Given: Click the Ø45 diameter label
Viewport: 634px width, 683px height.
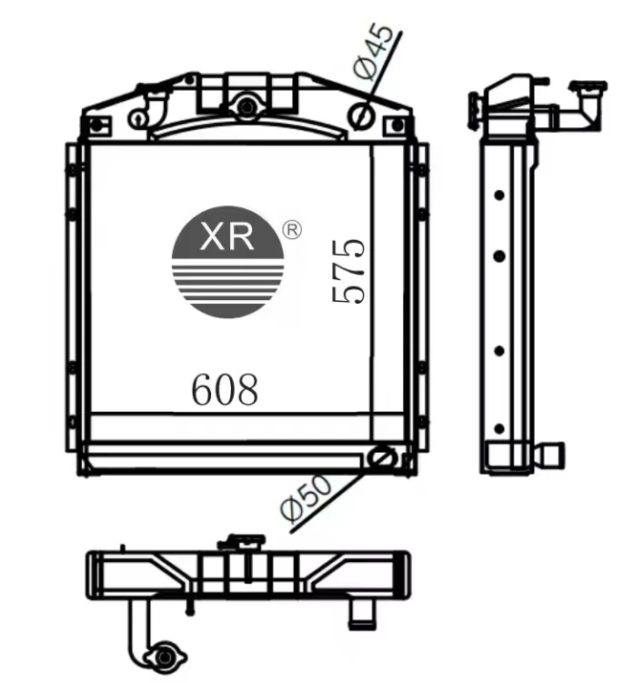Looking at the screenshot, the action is [x=373, y=52].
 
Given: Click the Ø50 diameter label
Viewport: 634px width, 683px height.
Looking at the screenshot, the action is [x=307, y=497].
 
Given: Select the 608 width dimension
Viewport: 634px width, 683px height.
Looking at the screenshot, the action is [x=225, y=389].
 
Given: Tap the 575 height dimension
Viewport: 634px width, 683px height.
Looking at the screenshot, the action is [x=348, y=270].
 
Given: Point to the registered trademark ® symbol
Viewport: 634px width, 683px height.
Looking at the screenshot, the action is [x=292, y=230].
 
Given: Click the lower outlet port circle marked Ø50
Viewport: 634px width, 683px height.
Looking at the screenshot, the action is [x=382, y=457].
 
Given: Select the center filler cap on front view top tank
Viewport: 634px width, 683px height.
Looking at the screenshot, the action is [x=247, y=106].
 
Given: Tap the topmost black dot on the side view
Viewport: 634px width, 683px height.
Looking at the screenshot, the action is [x=499, y=195].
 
